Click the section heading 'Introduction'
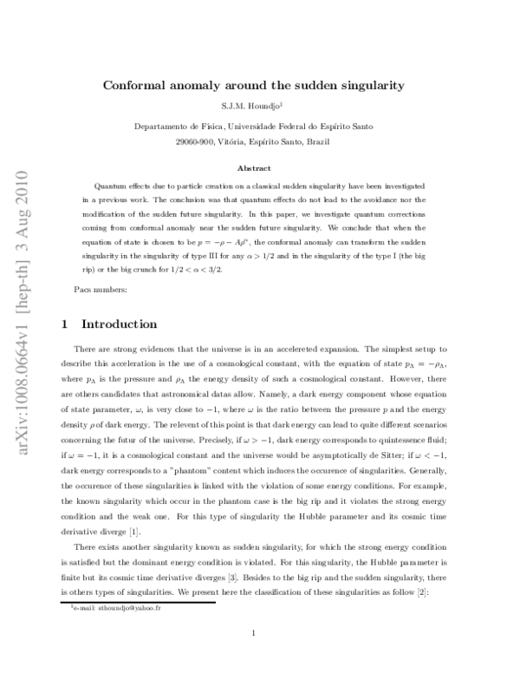coord(119,324)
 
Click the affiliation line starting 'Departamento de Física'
coord(254,127)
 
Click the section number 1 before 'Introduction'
coord(66,324)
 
